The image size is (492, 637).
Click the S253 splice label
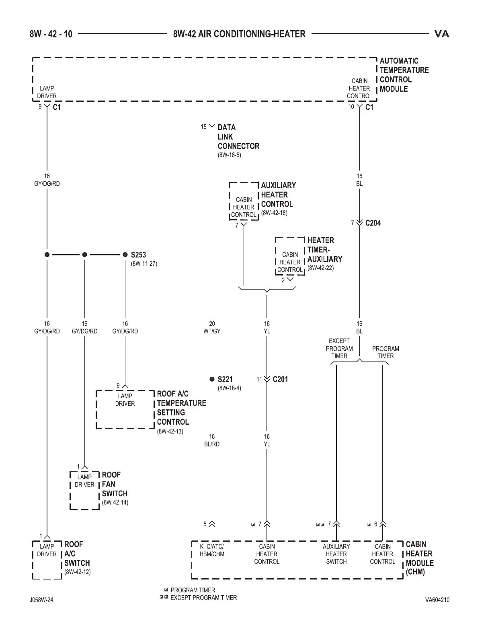[138, 255]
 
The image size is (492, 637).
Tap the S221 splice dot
[212, 379]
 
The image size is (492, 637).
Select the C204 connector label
[373, 223]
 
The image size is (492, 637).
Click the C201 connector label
[280, 379]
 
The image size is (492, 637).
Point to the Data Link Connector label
[238, 137]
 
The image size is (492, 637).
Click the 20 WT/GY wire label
[212, 327]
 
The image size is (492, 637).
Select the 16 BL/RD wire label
[212, 440]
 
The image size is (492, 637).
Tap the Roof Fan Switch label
[115, 484]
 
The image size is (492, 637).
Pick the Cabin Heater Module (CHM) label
[419, 558]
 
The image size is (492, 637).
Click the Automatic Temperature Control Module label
[404, 75]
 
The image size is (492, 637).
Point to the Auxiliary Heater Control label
[278, 195]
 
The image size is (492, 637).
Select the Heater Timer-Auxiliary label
[324, 250]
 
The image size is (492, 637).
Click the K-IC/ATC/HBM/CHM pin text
[212, 550]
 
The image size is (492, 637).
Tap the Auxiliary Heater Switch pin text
[336, 554]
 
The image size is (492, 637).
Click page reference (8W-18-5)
[229, 155]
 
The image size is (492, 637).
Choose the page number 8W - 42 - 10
[51, 34]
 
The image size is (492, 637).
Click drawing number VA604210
[437, 600]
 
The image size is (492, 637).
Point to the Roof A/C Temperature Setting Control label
[181, 408]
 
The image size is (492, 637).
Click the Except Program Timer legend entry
[203, 598]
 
